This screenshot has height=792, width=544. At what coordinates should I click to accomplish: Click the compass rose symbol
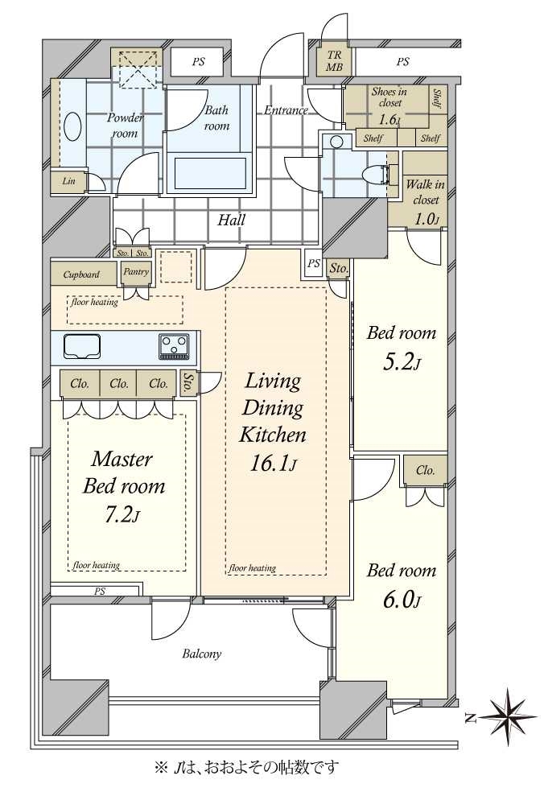pos(507,716)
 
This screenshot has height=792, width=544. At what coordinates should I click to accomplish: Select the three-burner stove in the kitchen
pos(175,346)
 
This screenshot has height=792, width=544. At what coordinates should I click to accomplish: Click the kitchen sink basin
pos(82,347)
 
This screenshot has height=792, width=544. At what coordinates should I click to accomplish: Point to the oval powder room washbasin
pos(73,126)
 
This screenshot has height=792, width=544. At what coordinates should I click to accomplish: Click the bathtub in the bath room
pos(210,173)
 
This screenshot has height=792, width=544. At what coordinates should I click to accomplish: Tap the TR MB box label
pos(334,61)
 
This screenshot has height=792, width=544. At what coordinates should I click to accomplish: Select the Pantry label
pos(136,272)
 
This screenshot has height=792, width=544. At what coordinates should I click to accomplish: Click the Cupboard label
pos(82,274)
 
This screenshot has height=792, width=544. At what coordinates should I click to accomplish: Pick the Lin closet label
pos(68,181)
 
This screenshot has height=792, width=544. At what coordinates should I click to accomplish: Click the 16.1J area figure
pos(274,463)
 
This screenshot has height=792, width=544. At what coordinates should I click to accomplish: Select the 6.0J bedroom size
pos(402,600)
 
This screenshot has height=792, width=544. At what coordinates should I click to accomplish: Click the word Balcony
pos(202,654)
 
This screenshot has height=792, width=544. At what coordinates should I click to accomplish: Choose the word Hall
pos(231,220)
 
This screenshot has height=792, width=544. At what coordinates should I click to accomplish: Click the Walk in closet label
pos(425,192)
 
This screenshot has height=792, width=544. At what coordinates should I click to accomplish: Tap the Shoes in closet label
pos(389,97)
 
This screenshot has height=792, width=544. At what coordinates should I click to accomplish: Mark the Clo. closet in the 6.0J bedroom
pos(425,470)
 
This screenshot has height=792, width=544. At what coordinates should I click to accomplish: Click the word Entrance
pos(286,110)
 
